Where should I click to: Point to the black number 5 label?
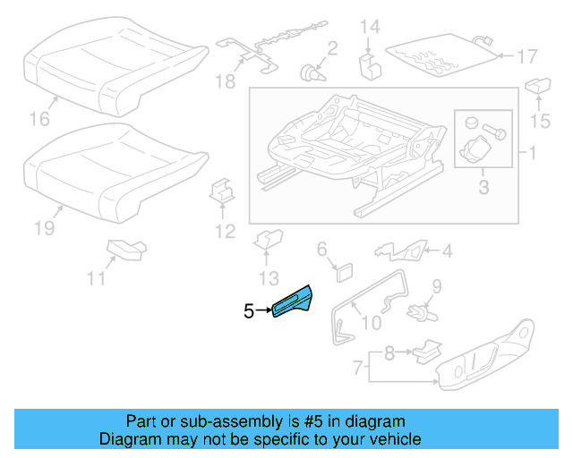(x=249, y=311)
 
